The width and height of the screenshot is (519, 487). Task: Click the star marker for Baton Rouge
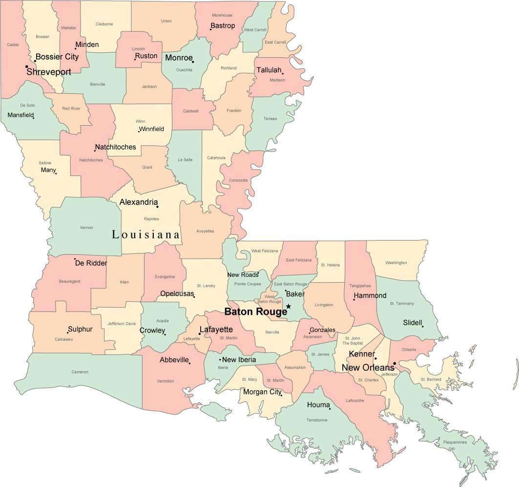[x=289, y=307]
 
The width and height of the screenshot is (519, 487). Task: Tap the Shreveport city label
[x=49, y=72]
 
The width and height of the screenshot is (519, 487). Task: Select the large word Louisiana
[x=146, y=235]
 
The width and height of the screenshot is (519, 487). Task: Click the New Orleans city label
[x=367, y=368]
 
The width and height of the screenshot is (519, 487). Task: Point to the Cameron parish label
[x=80, y=372]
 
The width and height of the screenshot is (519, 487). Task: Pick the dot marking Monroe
[x=193, y=62]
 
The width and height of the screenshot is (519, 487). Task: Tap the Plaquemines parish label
[x=455, y=443]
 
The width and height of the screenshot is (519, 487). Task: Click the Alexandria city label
[x=139, y=202]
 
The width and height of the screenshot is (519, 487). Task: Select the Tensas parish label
[x=270, y=119]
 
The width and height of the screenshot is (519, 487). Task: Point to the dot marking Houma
[x=330, y=409]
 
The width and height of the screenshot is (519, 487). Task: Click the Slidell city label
[x=413, y=323]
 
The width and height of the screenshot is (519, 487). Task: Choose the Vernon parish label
[x=86, y=227]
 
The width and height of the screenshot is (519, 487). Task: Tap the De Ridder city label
[x=91, y=263]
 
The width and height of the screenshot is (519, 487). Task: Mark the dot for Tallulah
[x=283, y=74]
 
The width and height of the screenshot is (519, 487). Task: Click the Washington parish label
[x=395, y=263]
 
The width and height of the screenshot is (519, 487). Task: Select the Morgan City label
[x=262, y=392]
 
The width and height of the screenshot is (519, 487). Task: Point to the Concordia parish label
[x=238, y=180]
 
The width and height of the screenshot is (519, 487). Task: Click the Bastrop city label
[x=223, y=25]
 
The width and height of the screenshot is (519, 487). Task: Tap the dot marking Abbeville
[x=189, y=363]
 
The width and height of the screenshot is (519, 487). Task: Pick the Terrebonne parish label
[x=316, y=420]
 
